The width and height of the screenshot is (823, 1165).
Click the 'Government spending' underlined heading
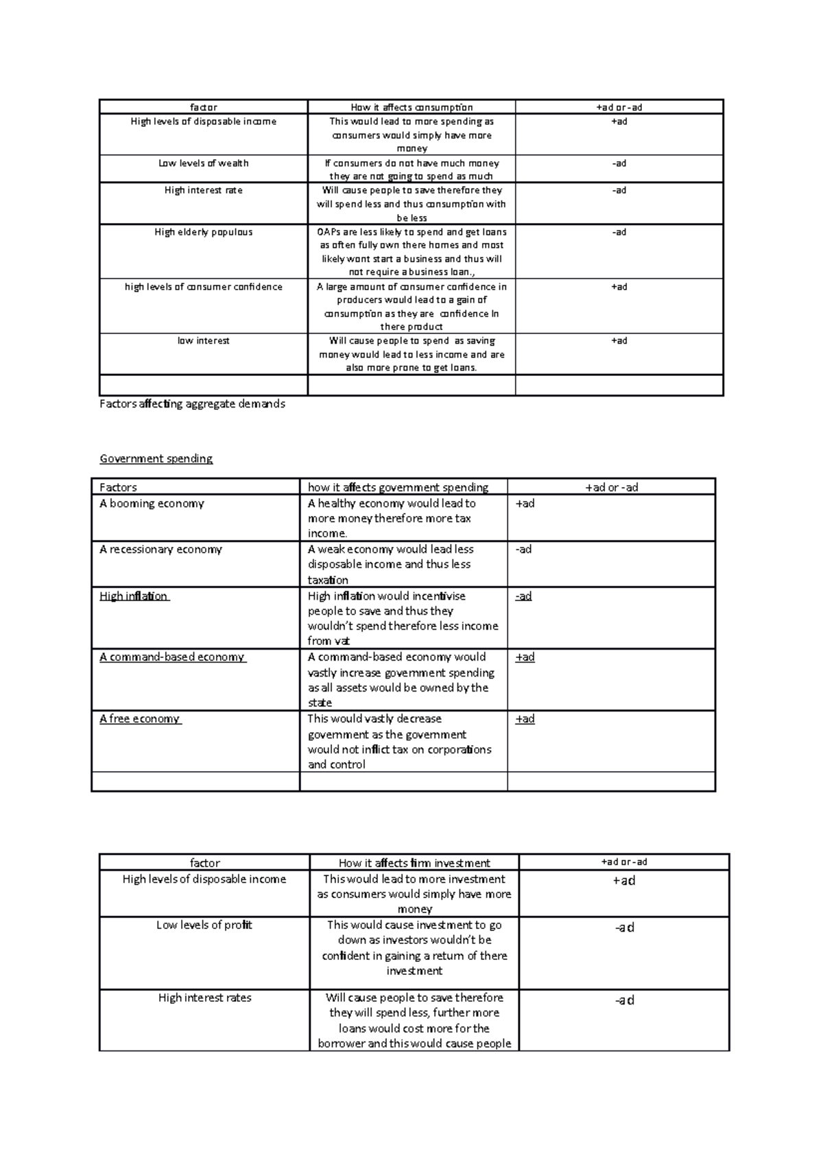coord(156,458)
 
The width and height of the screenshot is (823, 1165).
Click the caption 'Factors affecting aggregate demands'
coord(192,403)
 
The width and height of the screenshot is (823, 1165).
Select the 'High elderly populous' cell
coord(204,232)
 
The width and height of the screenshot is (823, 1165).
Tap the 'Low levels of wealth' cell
coord(204,163)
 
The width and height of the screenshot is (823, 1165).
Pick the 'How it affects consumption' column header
coord(411,107)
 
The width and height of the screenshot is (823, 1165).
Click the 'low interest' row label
coord(204,340)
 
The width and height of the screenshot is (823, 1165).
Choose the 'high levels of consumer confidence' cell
coord(204,287)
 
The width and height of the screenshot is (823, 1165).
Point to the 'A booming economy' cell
coord(152,503)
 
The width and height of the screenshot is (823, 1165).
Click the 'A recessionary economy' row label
coord(160,549)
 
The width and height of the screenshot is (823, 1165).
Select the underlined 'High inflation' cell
coord(134,596)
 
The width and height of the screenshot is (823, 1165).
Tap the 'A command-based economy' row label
coord(172,657)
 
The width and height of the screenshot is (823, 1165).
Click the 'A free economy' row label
coord(140,718)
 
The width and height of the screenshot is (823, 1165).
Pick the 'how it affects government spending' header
coord(398,487)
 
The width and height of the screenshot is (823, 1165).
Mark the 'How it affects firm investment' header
coord(414,862)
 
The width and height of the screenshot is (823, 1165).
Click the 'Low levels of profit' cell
coord(204,925)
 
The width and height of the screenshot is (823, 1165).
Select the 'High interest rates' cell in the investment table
coord(204,998)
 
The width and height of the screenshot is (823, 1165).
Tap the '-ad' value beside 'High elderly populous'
coord(619,232)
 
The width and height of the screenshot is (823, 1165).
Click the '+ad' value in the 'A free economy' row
coord(525,718)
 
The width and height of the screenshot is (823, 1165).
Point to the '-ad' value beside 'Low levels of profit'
coord(624,927)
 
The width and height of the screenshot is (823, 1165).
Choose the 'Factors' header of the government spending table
coord(118,487)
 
